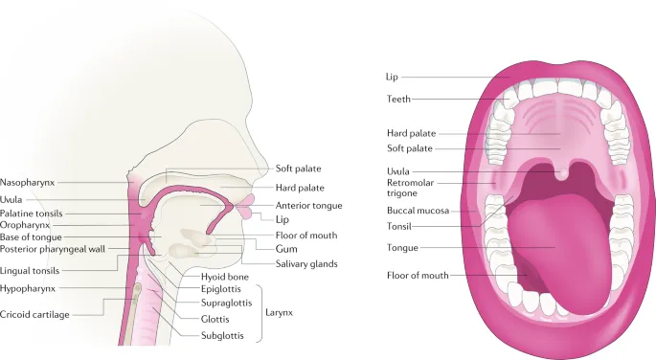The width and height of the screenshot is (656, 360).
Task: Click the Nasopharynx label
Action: pyautogui.click(x=26, y=181)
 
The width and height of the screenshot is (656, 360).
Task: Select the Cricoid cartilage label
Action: pyautogui.click(x=34, y=314)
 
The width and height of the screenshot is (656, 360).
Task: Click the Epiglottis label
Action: pyautogui.click(x=221, y=287)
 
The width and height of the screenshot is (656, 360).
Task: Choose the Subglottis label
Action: pyautogui.click(x=223, y=335)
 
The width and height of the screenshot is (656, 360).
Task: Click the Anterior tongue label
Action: pyautogui.click(x=308, y=205)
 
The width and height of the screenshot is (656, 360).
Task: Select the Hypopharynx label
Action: pyautogui.click(x=29, y=286)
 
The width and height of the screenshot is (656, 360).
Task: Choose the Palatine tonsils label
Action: pyautogui.click(x=33, y=213)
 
